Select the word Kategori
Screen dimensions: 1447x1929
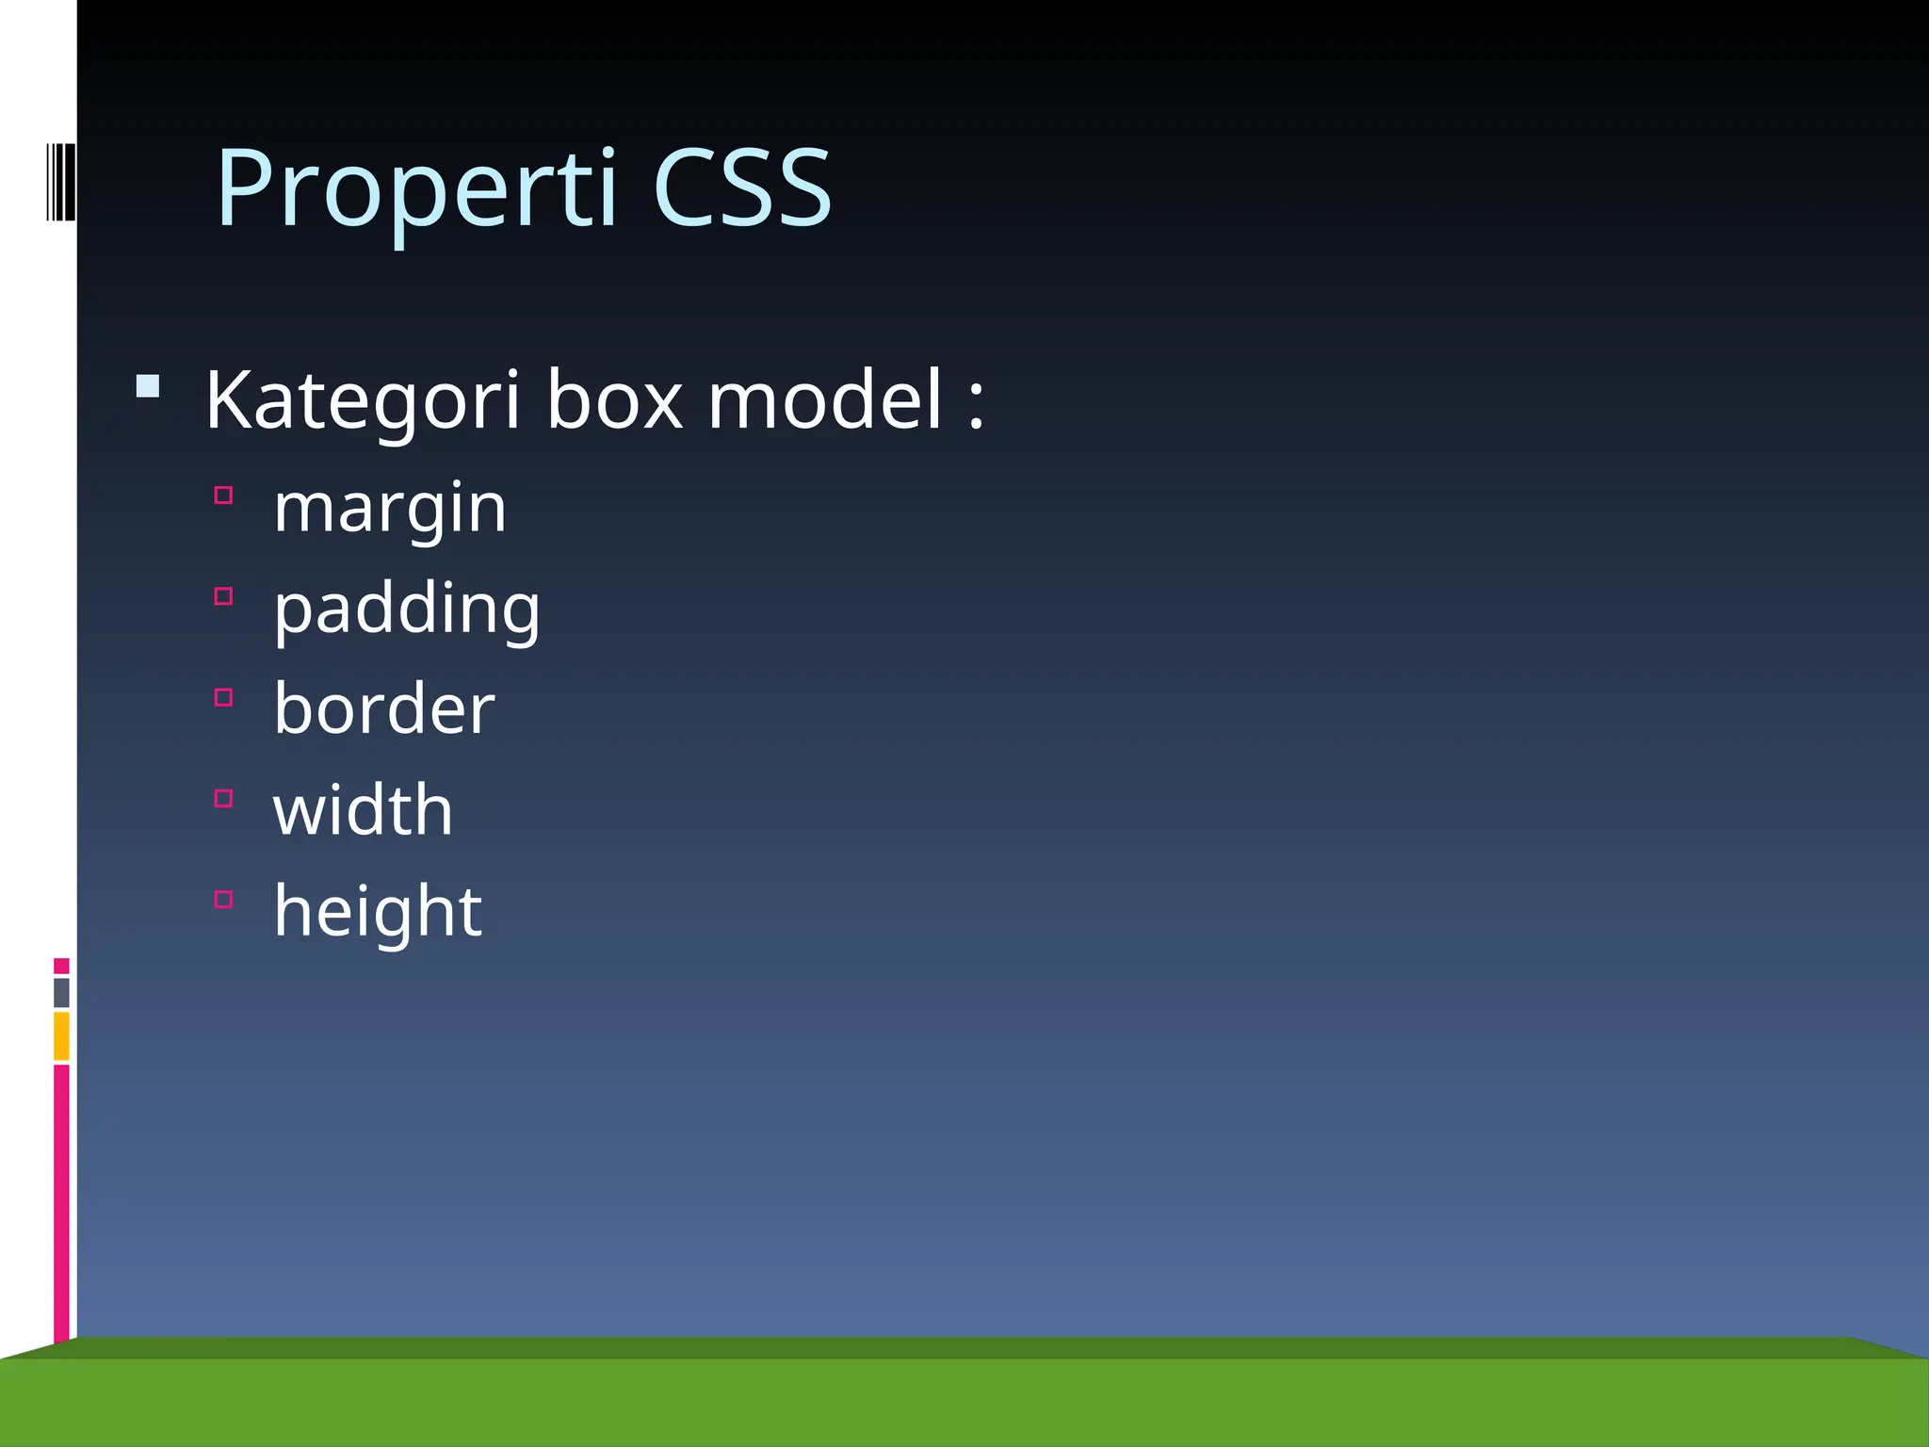pos(363,400)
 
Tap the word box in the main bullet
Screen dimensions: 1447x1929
pos(614,400)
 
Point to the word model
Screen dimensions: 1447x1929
pos(825,400)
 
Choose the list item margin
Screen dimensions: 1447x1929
pos(390,509)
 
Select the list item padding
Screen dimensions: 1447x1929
pos(407,610)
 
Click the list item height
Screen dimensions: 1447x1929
pos(378,911)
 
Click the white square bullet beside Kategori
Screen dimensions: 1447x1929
pos(148,386)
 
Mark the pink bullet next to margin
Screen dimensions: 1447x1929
pos(223,496)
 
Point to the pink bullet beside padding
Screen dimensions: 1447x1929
pos(223,596)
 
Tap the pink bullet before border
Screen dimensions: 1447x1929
pos(223,697)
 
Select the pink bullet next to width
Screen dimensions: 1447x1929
pos(223,799)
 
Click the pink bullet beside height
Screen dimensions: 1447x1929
pos(223,900)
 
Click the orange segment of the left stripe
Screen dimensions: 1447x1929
pos(61,1036)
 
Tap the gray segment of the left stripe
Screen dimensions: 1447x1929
pos(61,993)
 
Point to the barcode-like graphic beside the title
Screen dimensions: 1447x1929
pos(60,182)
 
